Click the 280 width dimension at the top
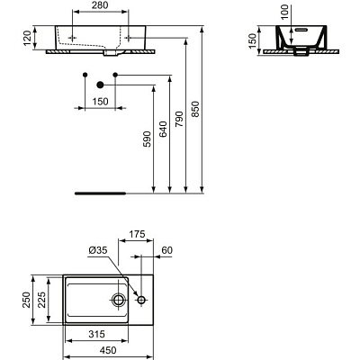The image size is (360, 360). tap(98, 7)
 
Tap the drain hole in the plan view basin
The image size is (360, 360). tap(120, 298)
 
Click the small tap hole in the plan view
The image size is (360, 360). tap(141, 298)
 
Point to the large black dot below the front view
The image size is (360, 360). tap(100, 85)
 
